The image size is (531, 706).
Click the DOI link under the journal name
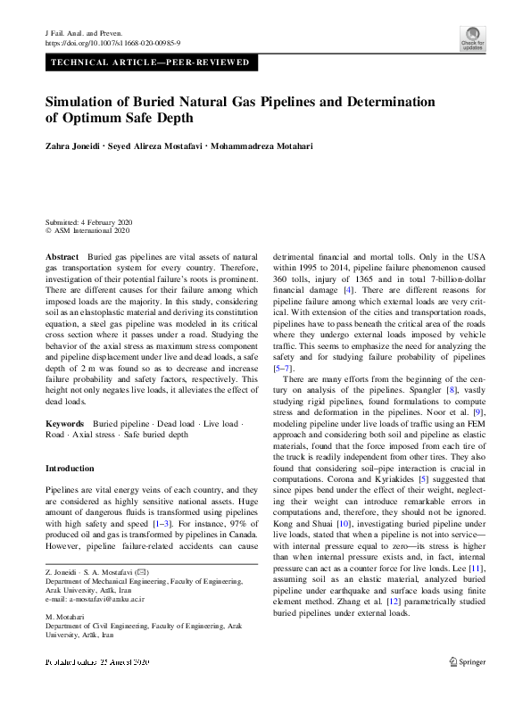click(112, 42)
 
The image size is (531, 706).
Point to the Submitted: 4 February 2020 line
click(88, 221)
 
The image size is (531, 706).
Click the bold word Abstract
click(62, 256)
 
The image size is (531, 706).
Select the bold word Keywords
click(65, 423)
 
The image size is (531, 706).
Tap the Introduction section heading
click(70, 469)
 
